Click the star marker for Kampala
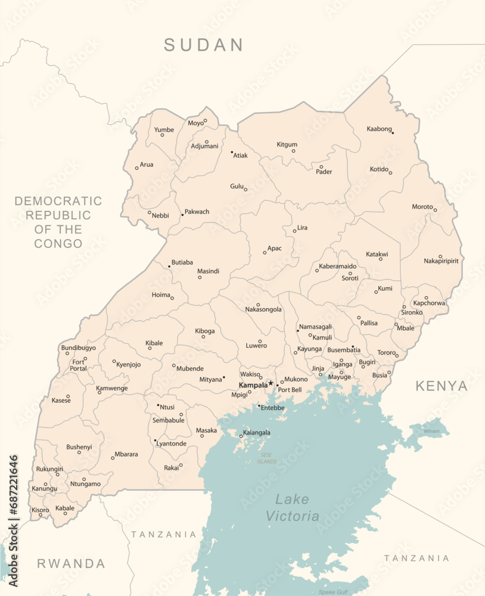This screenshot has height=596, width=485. pos(271,383)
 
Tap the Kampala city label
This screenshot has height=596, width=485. pos(253,385)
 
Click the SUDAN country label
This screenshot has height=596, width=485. pos(204,45)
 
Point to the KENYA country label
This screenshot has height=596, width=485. pos(442,386)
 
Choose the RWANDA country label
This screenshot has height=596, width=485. pos(71,563)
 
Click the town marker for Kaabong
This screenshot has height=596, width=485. pos(393,132)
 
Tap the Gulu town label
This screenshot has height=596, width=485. pos(237,187)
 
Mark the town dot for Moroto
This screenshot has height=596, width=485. pos(435,210)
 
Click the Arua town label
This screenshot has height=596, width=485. pos(146,164)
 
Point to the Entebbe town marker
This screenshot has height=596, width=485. pos(259,406)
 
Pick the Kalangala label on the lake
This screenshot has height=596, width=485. pos(257,433)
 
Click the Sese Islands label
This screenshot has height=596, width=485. pos(267,458)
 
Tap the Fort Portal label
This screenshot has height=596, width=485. pos(78,365)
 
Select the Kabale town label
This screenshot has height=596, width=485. pos(65,508)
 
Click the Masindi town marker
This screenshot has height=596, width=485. pos(200,277)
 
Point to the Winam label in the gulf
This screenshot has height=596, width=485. pos(431,430)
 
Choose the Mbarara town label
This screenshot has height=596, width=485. pos(126,454)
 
